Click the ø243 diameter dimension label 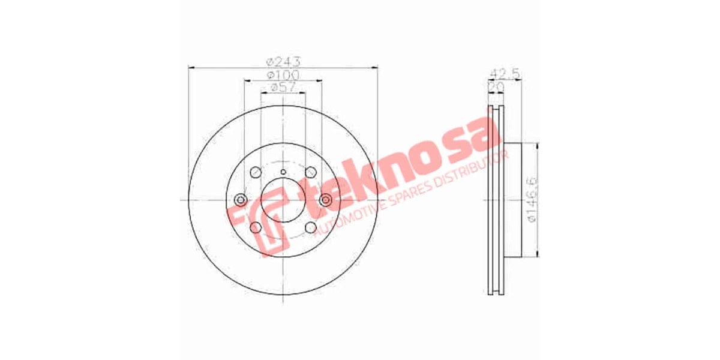click(x=283, y=61)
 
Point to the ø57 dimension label click(x=283, y=88)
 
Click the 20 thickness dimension click(x=496, y=87)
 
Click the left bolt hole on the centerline click(x=241, y=200)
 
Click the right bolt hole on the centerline click(x=326, y=200)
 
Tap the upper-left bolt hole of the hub click(x=256, y=172)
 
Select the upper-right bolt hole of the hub click(x=311, y=173)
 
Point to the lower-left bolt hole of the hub click(x=256, y=227)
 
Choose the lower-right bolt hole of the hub click(x=311, y=227)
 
